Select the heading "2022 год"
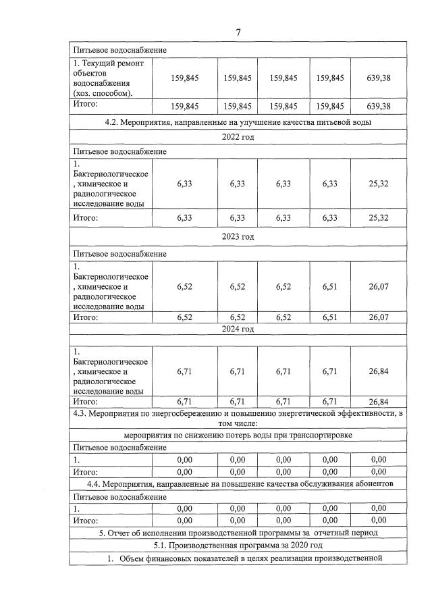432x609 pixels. pyautogui.click(x=238, y=137)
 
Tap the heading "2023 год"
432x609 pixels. pyautogui.click(x=238, y=237)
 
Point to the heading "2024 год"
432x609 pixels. pyautogui.click(x=238, y=329)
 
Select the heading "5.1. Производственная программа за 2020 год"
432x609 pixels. pyautogui.click(x=238, y=545)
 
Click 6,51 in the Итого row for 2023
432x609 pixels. pyautogui.click(x=329, y=317)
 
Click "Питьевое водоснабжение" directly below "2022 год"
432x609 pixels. pyautogui.click(x=119, y=152)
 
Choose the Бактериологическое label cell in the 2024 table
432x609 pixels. pyautogui.click(x=110, y=371)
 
